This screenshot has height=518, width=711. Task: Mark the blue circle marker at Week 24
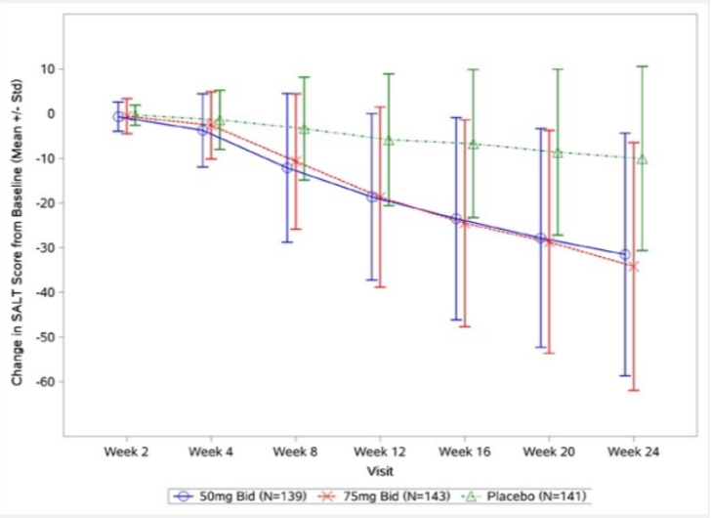pyautogui.click(x=625, y=254)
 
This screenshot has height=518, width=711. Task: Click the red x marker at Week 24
pyautogui.click(x=634, y=266)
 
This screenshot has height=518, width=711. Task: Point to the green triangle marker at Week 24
pyautogui.click(x=642, y=158)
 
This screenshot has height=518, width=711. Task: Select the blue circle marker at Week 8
pyautogui.click(x=287, y=168)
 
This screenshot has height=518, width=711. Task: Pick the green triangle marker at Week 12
pyautogui.click(x=388, y=140)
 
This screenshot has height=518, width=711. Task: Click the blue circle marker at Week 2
pyautogui.click(x=118, y=116)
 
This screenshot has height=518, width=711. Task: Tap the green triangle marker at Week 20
pyautogui.click(x=558, y=152)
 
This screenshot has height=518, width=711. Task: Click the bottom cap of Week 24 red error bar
pyautogui.click(x=634, y=391)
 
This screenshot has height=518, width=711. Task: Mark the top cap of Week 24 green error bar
pyautogui.click(x=642, y=66)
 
